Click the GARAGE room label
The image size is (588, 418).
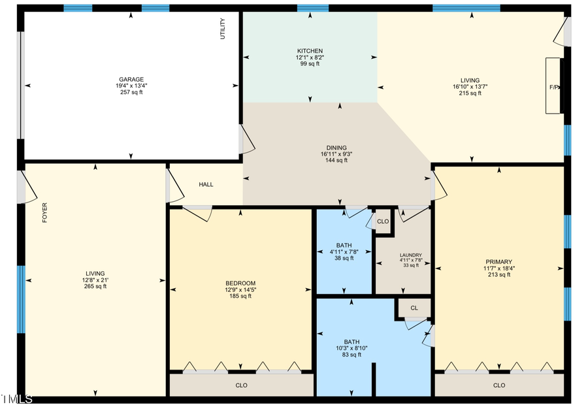[131, 79]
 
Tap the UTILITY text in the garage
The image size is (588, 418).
[223, 29]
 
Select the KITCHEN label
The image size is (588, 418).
[310, 51]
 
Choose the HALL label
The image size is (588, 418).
[206, 185]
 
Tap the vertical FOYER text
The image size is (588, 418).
[45, 213]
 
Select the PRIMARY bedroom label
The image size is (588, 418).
[498, 261]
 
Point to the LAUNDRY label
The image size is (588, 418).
[411, 255]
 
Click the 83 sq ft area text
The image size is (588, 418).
[351, 355]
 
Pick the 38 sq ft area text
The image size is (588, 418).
[344, 258]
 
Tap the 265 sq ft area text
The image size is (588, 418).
[95, 286]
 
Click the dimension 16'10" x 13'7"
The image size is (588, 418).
[470, 87]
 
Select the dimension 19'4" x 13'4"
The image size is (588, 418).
[131, 86]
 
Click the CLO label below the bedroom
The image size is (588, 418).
[241, 385]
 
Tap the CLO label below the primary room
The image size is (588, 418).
[499, 385]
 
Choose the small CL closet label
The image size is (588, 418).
[414, 308]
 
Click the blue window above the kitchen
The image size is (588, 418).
[312, 8]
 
